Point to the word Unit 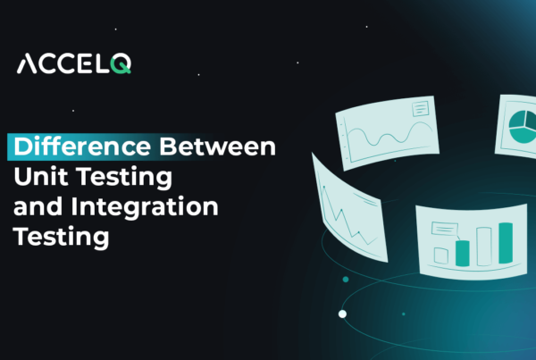(38, 177)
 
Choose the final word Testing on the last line (59, 238)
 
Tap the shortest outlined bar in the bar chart (440, 255)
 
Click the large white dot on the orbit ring (342, 314)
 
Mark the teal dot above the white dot (345, 280)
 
